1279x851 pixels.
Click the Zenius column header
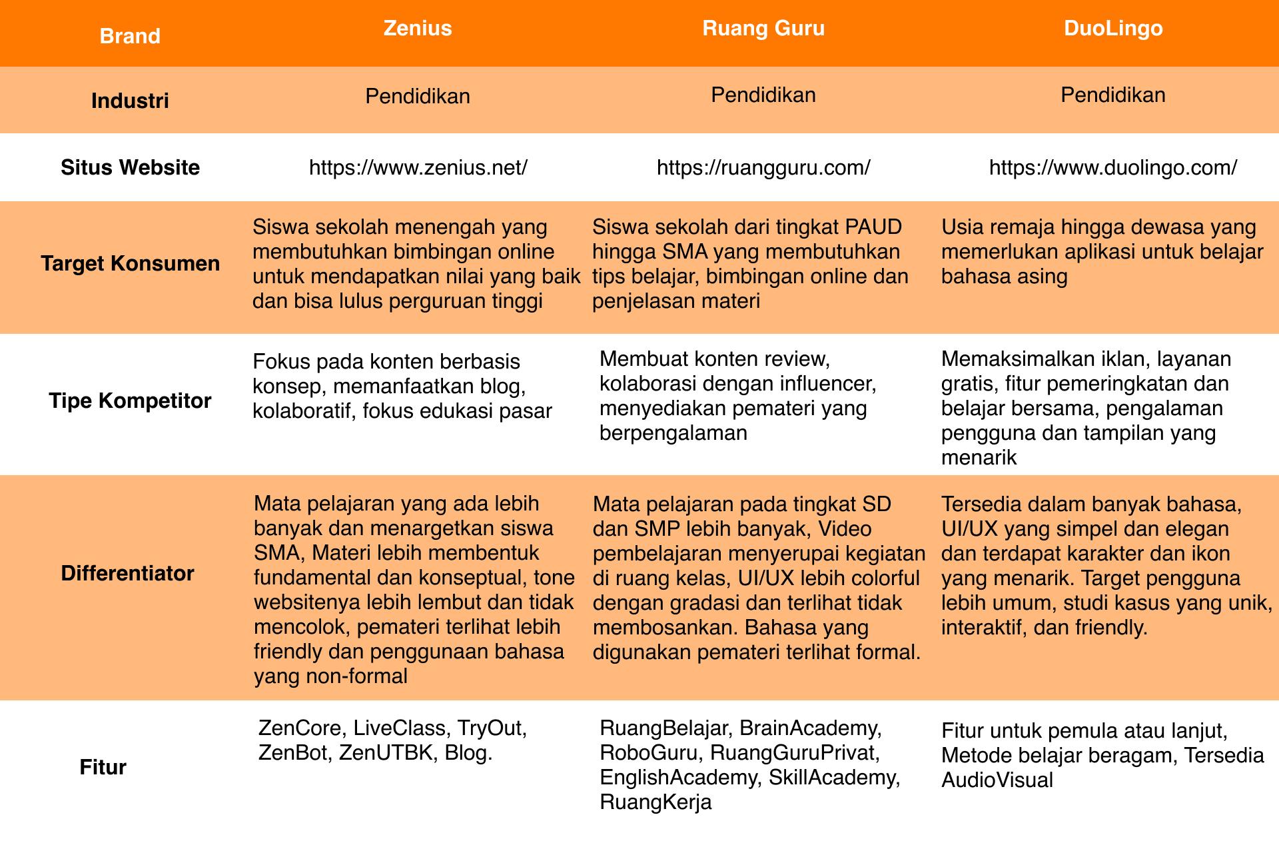pyautogui.click(x=418, y=29)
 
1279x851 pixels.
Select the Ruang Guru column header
pyautogui.click(x=763, y=29)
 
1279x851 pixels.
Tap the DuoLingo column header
pyautogui.click(x=1113, y=29)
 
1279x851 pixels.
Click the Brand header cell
pyautogui.click(x=130, y=36)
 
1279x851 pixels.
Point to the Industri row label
pyautogui.click(x=130, y=101)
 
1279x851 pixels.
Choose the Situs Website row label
pyautogui.click(x=130, y=167)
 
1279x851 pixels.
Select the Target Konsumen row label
pyautogui.click(x=130, y=264)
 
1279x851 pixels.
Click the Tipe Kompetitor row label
pyautogui.click(x=130, y=401)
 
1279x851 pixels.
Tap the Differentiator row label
pyautogui.click(x=127, y=574)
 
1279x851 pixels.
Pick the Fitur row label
pyautogui.click(x=103, y=768)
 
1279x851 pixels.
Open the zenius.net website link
pyautogui.click(x=418, y=168)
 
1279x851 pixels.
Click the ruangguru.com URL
pyautogui.click(x=763, y=168)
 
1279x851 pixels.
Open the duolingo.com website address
pyautogui.click(x=1112, y=168)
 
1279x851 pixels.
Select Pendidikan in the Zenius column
pyautogui.click(x=418, y=97)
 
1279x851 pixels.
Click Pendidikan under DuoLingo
pyautogui.click(x=1112, y=95)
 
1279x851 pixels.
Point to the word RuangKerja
pyautogui.click(x=655, y=802)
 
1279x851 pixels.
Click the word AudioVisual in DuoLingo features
pyautogui.click(x=997, y=780)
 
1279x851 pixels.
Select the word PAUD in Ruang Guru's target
pyautogui.click(x=873, y=227)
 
